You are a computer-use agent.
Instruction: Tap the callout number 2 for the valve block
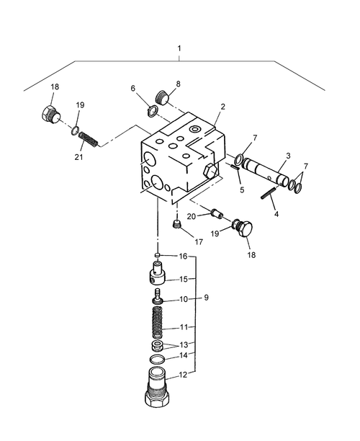point(222,107)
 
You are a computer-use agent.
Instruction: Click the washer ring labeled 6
point(153,110)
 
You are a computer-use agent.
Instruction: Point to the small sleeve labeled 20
point(214,214)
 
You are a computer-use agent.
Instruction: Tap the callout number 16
point(183,256)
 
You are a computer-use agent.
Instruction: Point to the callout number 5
point(242,190)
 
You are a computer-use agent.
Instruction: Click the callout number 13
point(183,344)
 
